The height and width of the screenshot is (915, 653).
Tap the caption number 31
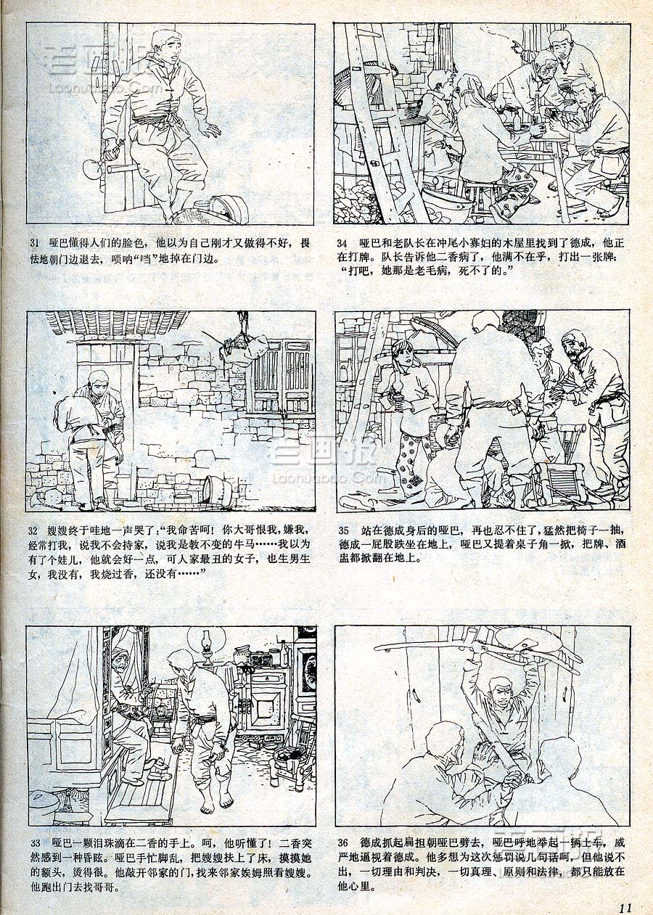[34, 244]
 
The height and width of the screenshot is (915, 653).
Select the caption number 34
[342, 244]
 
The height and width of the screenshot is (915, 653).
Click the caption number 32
[33, 530]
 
